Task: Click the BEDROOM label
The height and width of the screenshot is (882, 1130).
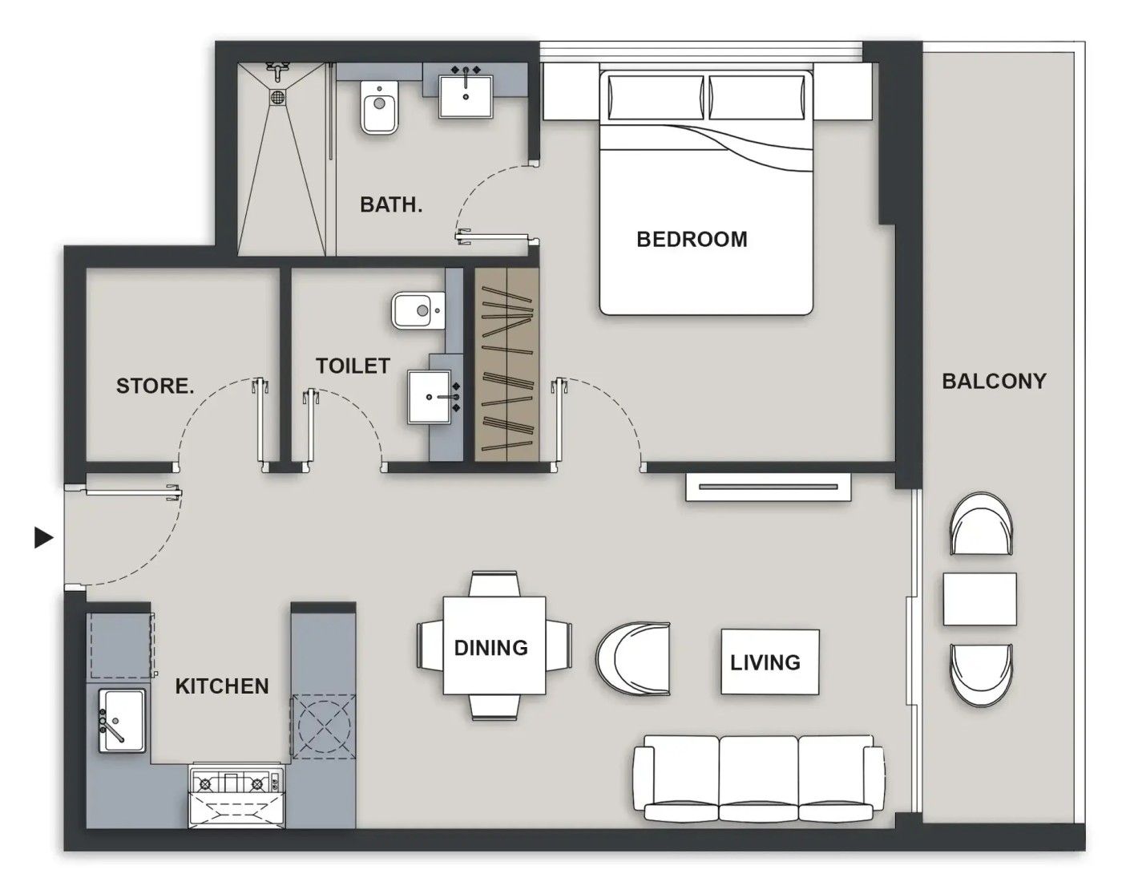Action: [x=692, y=240]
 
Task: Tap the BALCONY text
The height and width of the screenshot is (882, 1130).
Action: [x=994, y=382]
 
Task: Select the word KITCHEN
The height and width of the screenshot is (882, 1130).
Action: [x=222, y=686]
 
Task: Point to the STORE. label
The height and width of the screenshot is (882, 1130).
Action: [x=155, y=386]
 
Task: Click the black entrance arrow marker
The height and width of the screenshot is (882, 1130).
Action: [x=44, y=538]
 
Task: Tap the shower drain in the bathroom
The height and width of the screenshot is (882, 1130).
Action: [x=278, y=96]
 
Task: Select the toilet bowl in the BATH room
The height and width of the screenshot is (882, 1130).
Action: [x=379, y=107]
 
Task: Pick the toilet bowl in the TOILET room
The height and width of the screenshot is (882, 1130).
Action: [x=418, y=310]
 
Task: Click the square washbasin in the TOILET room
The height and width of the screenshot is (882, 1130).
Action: [x=429, y=397]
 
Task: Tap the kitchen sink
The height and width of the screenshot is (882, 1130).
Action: [x=122, y=720]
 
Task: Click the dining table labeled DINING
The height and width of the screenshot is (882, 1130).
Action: [x=494, y=645]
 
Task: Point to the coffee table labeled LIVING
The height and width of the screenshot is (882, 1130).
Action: [x=770, y=661]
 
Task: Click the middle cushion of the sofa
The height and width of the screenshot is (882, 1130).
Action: [x=759, y=777]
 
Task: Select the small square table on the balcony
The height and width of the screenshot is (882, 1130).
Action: [x=979, y=599]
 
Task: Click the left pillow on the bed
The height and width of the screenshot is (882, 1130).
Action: [x=656, y=97]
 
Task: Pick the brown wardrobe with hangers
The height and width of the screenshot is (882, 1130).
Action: [x=506, y=365]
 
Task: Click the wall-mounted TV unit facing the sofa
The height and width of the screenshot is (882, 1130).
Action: [x=768, y=488]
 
